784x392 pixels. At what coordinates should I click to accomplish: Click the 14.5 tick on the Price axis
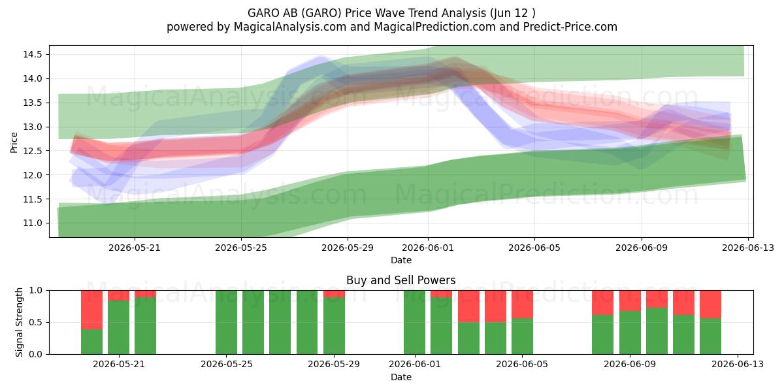(x=32, y=55)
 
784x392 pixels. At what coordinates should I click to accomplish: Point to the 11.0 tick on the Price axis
(x=32, y=223)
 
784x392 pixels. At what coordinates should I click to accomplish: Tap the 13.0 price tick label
(x=32, y=127)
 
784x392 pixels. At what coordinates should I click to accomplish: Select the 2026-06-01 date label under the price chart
(x=428, y=248)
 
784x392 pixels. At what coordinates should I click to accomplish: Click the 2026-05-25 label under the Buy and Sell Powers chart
(x=227, y=365)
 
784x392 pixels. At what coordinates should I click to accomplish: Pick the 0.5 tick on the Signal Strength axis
(x=35, y=322)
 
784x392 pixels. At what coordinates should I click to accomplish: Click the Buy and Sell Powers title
(x=401, y=280)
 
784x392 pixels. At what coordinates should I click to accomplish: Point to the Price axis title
(x=14, y=143)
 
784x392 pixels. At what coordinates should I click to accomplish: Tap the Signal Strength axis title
(x=19, y=322)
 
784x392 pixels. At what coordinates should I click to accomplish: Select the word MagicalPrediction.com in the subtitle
(x=434, y=27)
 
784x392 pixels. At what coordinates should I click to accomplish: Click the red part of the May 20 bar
(x=91, y=310)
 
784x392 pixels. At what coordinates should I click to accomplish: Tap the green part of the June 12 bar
(x=711, y=336)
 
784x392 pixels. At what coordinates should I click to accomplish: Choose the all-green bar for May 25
(x=227, y=322)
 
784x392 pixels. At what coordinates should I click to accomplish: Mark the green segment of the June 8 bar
(x=602, y=335)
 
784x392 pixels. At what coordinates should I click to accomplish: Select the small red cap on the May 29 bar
(x=334, y=294)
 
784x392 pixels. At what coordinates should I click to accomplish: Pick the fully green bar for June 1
(x=414, y=322)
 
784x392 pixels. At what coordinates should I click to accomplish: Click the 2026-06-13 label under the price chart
(x=748, y=248)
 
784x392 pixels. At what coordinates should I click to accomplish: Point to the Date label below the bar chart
(x=401, y=378)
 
